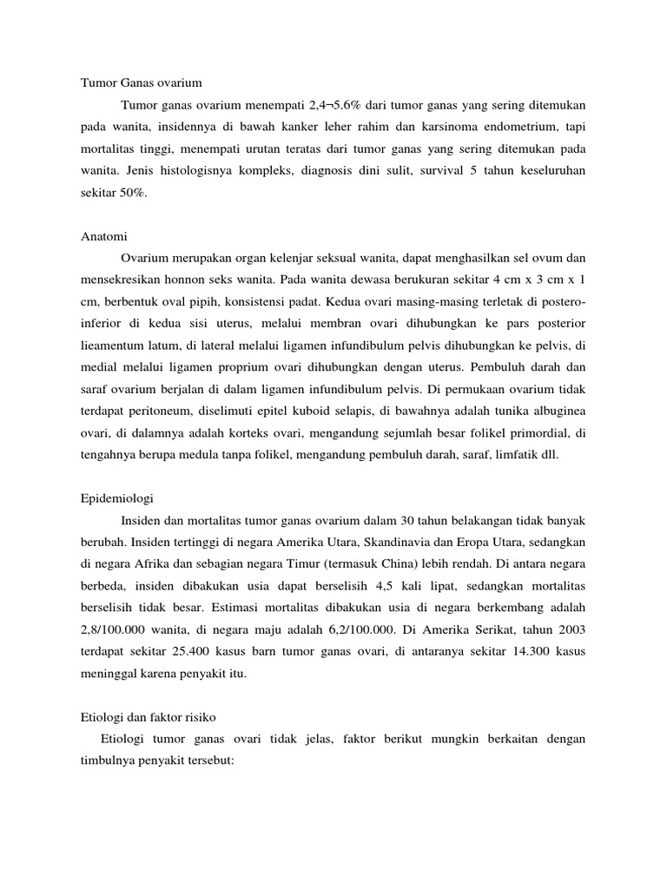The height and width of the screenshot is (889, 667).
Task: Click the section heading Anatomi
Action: [103, 235]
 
